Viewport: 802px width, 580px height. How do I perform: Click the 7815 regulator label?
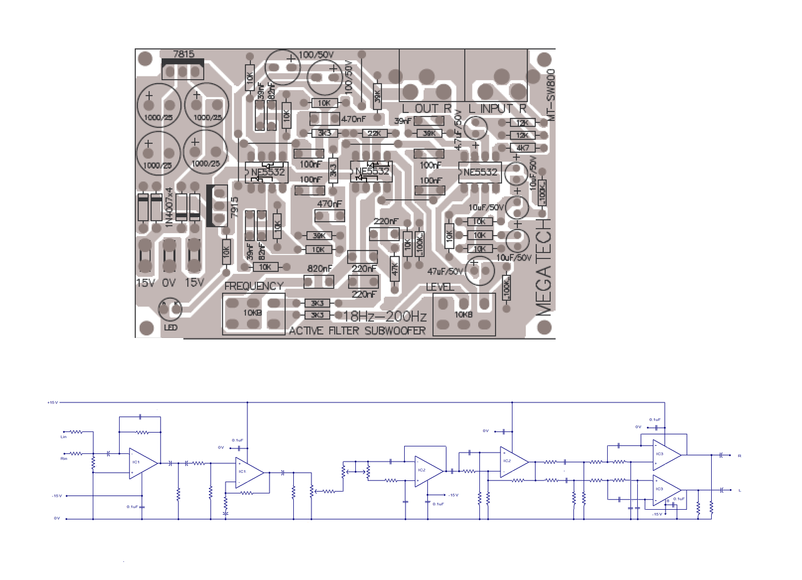(x=184, y=55)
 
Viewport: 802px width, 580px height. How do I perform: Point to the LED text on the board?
(x=170, y=328)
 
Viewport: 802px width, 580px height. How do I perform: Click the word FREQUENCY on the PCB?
(x=254, y=286)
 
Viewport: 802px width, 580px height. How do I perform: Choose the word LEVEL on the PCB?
(x=439, y=287)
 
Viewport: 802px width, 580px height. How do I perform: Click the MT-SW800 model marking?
(x=550, y=94)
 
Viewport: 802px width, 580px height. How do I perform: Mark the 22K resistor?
(x=374, y=134)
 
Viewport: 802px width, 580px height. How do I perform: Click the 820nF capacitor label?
(x=319, y=268)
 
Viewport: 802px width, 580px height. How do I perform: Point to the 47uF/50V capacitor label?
(x=445, y=272)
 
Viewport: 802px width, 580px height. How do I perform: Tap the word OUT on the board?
(x=426, y=108)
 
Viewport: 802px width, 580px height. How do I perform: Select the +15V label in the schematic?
(x=52, y=402)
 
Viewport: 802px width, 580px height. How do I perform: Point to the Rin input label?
(x=63, y=458)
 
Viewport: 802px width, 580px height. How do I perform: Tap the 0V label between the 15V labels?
(x=169, y=283)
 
